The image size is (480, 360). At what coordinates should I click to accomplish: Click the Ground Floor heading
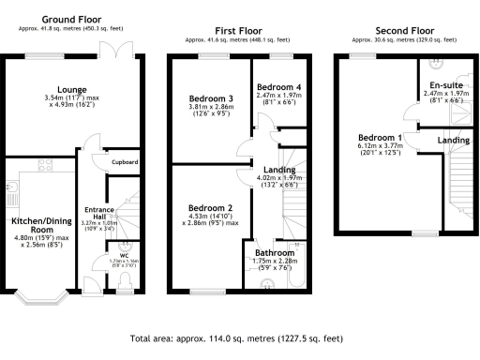point(72,18)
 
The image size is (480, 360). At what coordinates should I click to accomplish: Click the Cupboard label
point(125,162)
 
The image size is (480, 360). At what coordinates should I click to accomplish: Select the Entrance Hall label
point(98,212)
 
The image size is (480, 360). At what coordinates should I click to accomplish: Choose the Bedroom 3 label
point(210,98)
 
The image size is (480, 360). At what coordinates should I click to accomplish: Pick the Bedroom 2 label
point(210,207)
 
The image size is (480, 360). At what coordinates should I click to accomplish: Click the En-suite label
point(439,85)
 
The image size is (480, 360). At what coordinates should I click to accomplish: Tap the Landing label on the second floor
point(455,140)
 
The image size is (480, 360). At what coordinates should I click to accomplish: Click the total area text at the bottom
point(239,337)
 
